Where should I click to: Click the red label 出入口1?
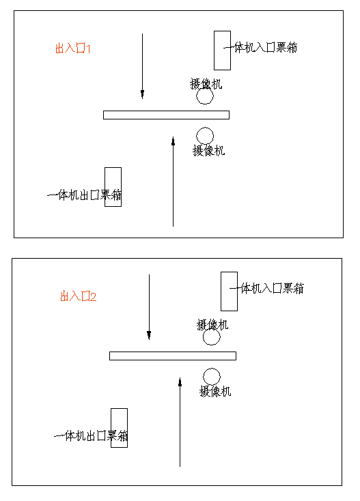[x=73, y=48]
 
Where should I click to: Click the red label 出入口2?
[x=79, y=296]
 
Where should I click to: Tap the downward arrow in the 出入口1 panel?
[x=142, y=66]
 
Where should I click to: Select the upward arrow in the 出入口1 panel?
[x=174, y=182]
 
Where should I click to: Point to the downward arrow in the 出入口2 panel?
[x=149, y=306]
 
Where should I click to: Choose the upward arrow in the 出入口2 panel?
[x=180, y=423]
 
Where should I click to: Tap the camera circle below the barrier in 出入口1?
[x=205, y=128]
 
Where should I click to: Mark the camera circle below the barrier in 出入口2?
[x=212, y=369]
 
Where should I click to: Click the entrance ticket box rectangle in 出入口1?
[x=214, y=50]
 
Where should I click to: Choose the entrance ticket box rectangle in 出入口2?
[x=221, y=291]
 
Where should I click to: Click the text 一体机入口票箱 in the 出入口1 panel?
[x=260, y=48]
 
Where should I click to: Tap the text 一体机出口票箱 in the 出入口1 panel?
[x=85, y=195]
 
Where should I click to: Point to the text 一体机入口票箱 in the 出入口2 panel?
[x=267, y=289]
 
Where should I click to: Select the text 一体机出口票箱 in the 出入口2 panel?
[x=91, y=436]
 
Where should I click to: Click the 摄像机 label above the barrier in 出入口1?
[x=206, y=84]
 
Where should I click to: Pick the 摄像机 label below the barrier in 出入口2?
[x=215, y=391]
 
